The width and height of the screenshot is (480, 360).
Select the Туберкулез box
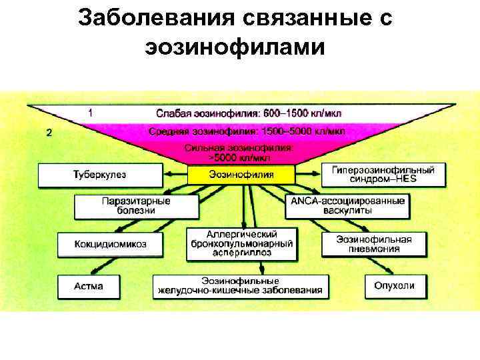(99, 175)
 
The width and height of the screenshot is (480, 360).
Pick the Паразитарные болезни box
(136, 205)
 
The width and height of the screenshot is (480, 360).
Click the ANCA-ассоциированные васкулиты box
(347, 205)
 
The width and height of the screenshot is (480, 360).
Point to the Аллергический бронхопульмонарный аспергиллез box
(241, 244)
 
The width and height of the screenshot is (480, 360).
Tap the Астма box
(89, 286)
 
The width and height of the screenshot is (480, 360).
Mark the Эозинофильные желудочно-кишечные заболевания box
(241, 286)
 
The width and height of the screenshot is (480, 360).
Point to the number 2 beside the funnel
(49, 132)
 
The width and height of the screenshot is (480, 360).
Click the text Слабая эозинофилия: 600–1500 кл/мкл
(249, 114)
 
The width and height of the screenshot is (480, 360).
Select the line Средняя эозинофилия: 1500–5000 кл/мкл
(246, 131)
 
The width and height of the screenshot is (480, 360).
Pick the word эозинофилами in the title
(233, 48)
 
